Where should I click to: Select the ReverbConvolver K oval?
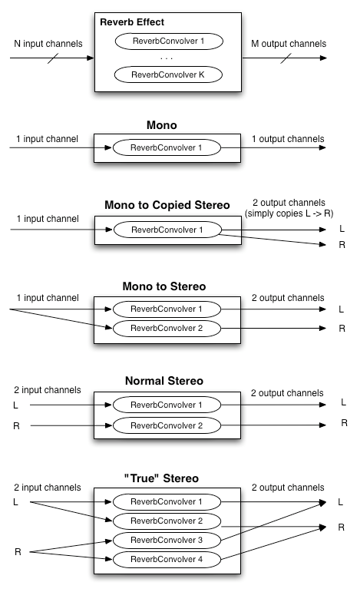point(167,75)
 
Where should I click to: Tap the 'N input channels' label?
point(48,44)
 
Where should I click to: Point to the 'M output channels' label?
point(288,44)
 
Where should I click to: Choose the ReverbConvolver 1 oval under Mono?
point(167,147)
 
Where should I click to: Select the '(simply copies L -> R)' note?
point(292,213)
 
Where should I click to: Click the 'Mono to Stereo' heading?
point(167,286)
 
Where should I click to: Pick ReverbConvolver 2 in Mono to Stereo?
point(167,328)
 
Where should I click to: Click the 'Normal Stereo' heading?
point(167,381)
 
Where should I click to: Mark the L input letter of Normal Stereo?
point(16,404)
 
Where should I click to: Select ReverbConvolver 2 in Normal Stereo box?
point(167,425)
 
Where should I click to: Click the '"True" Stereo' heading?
point(167,478)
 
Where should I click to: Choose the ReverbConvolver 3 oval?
point(167,540)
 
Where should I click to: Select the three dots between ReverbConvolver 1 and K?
point(167,58)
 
